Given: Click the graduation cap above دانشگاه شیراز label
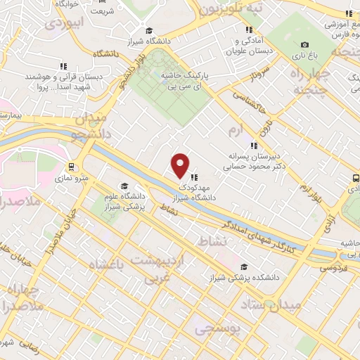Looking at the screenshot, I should [x=149, y=31].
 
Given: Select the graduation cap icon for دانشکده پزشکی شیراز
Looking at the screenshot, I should [x=244, y=266].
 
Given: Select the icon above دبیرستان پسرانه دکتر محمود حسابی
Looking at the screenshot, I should [x=253, y=146].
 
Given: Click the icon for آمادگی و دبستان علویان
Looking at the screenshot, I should [x=248, y=30].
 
